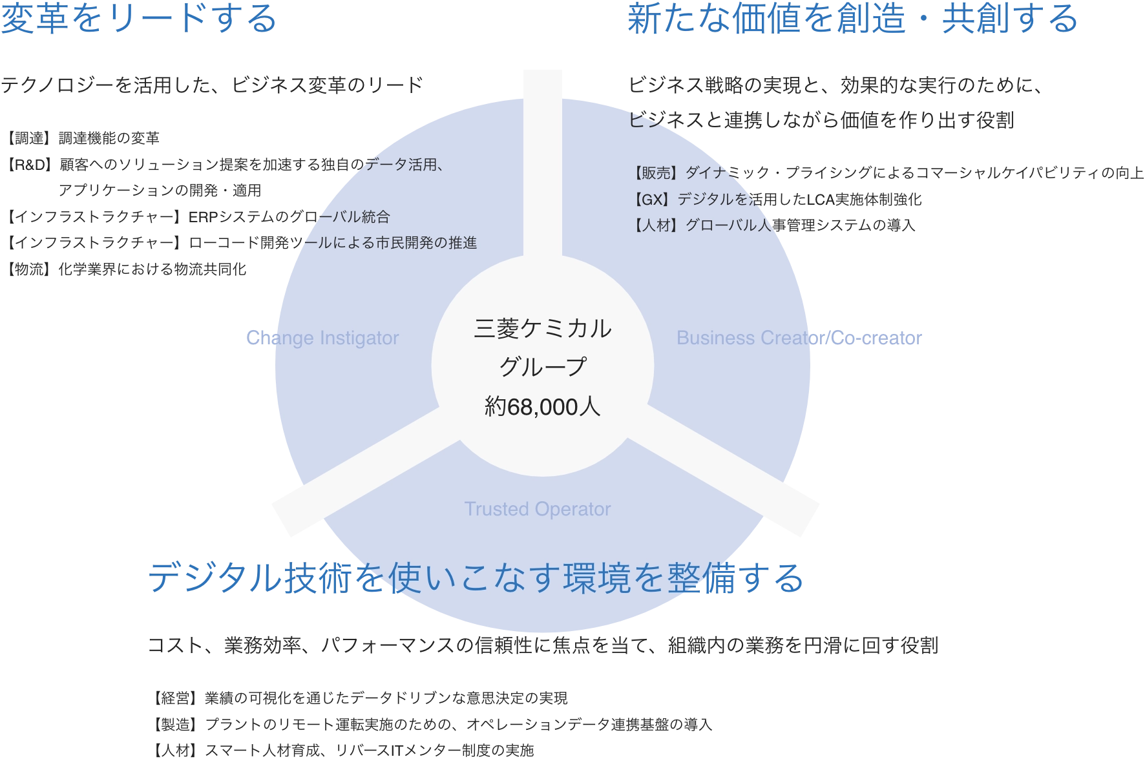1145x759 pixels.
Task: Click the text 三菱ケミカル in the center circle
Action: point(542,329)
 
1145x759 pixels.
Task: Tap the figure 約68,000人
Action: point(542,407)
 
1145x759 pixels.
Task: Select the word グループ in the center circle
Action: point(542,367)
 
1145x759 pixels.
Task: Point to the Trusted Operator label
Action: point(537,509)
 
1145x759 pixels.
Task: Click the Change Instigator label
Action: point(323,338)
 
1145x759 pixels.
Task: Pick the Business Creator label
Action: point(750,338)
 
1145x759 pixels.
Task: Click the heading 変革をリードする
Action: point(139,18)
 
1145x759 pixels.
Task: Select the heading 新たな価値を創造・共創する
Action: point(852,18)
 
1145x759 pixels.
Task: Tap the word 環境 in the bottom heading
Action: point(596,577)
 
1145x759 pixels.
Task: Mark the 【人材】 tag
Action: point(653,225)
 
